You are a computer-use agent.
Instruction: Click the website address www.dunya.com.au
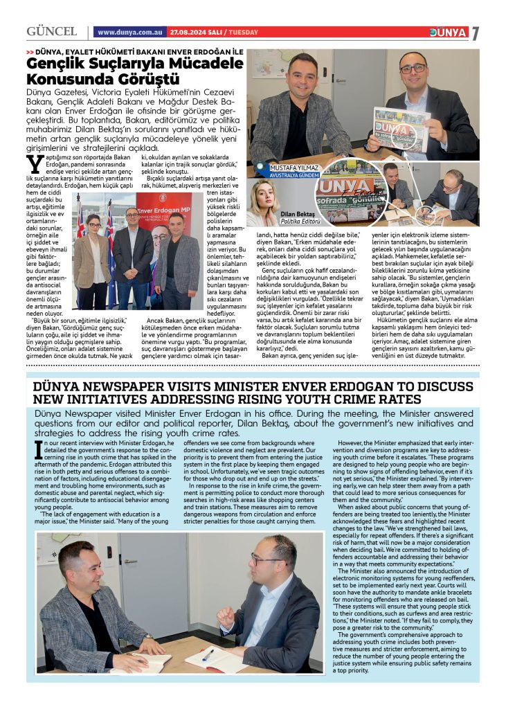131,33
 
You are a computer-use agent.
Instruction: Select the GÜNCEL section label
51,32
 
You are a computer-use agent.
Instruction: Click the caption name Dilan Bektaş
298,215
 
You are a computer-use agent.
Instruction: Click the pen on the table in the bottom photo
208,655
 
